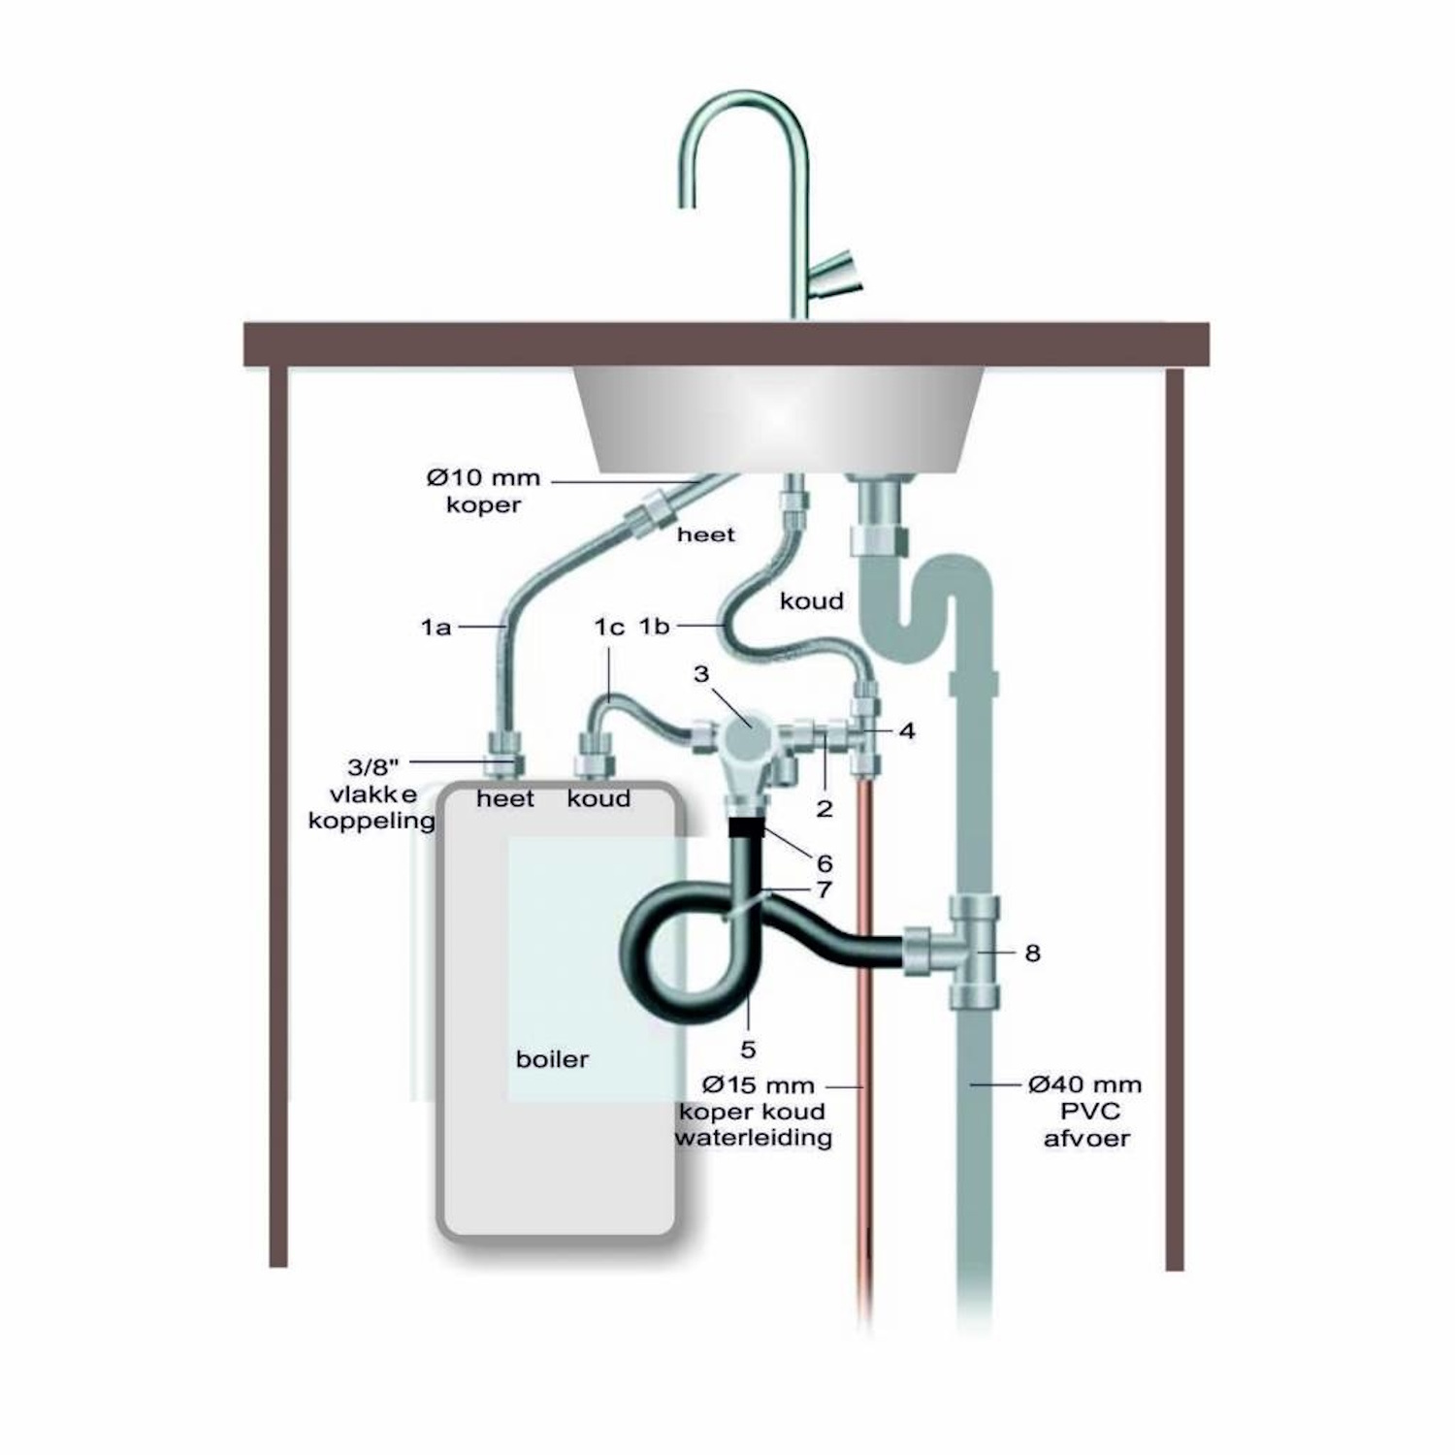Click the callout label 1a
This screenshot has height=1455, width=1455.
click(436, 628)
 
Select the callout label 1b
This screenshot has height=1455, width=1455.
click(654, 627)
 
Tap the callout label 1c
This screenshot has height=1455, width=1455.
click(609, 628)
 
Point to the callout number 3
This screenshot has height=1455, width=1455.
click(701, 673)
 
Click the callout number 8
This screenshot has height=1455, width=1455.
click(1032, 954)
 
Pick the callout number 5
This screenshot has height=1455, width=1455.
click(748, 1049)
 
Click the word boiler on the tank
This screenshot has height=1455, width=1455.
click(552, 1058)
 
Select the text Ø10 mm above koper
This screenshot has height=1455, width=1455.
click(483, 478)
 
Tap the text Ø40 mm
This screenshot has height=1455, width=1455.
click(1084, 1084)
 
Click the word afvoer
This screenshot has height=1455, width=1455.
click(1086, 1137)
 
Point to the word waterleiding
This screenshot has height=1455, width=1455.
click(754, 1137)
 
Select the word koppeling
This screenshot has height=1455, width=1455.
click(372, 821)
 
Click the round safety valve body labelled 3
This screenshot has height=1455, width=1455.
click(747, 739)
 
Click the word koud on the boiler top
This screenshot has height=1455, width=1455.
click(598, 798)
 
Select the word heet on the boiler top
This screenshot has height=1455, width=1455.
click(505, 798)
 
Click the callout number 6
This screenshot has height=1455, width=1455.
click(824, 862)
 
